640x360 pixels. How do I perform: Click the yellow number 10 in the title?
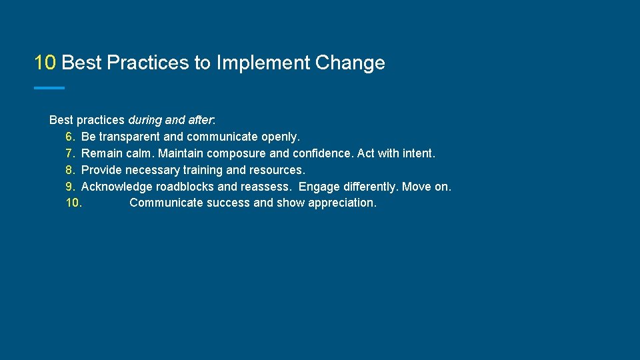(45, 63)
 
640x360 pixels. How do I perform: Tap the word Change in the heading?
(350, 63)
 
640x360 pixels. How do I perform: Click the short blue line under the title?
(49, 88)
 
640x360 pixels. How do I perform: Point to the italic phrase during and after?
(170, 121)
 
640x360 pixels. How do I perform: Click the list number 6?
(70, 137)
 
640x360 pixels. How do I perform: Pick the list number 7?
(70, 153)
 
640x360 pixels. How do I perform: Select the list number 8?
(70, 170)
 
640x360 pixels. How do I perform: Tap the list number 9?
(70, 187)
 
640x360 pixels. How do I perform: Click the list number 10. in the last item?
(73, 203)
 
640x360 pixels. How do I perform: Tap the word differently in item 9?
(369, 187)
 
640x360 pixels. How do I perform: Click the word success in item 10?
(229, 203)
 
